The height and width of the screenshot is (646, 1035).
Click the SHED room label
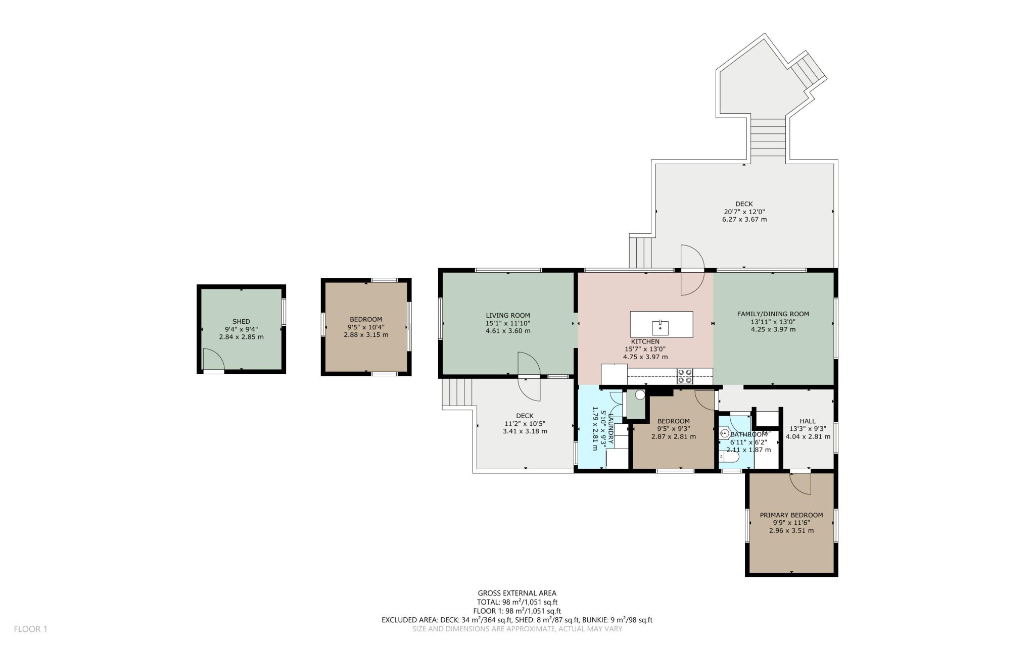241,321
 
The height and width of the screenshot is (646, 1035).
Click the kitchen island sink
660,327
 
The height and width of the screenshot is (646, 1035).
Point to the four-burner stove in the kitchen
685,376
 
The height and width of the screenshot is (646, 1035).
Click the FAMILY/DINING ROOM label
773,314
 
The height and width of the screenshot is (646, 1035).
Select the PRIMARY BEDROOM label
791,515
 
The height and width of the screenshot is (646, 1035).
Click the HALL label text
808,421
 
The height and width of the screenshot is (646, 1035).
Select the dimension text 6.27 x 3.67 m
744,220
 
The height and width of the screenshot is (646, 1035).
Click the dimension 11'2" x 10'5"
525,424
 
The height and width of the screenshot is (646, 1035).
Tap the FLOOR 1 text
30,629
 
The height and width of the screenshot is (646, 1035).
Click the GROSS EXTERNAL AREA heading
517,593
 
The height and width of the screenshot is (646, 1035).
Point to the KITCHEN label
645,341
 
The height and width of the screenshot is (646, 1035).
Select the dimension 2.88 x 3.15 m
366,335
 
